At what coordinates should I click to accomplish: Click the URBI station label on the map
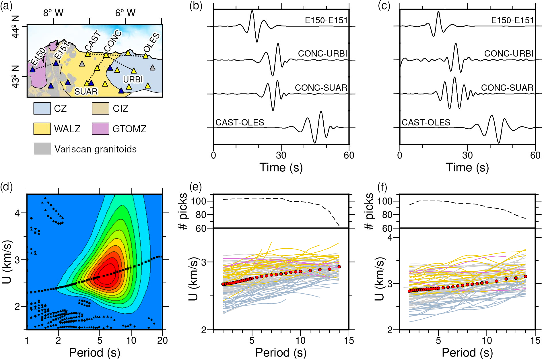tap(133, 80)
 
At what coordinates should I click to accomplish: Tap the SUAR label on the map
tap(86, 92)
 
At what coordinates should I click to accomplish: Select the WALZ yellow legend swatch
tap(42, 129)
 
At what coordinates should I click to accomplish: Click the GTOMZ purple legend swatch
tap(100, 129)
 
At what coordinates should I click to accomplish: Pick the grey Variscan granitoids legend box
tap(42, 149)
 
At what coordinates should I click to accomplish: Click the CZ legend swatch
tap(42, 109)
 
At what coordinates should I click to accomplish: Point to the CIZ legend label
tap(121, 109)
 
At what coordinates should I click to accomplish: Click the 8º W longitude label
tap(53, 13)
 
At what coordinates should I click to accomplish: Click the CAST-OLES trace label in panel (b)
tap(240, 123)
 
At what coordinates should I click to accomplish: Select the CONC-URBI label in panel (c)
tap(509, 54)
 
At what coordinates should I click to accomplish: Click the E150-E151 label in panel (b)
tap(326, 20)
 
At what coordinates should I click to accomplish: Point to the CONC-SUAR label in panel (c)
tap(507, 88)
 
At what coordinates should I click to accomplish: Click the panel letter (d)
tap(6, 187)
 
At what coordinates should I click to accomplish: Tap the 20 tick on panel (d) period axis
tap(162, 341)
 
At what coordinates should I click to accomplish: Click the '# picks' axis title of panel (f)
tap(369, 212)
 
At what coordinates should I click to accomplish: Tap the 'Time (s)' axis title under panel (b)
tap(281, 167)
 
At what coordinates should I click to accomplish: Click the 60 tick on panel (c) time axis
tap(535, 155)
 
